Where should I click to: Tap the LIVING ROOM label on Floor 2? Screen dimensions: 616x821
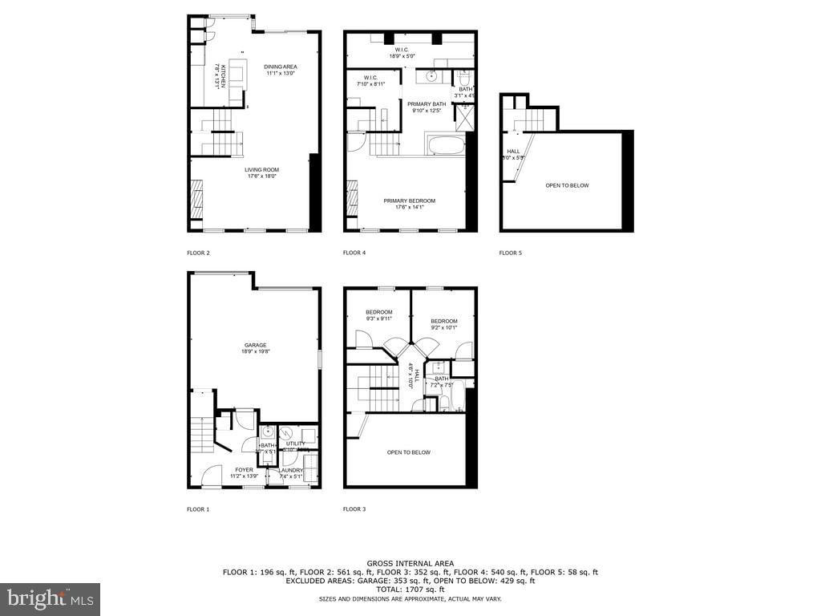click(x=261, y=170)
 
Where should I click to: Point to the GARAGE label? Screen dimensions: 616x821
click(x=256, y=346)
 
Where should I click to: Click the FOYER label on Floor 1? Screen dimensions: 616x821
click(x=244, y=470)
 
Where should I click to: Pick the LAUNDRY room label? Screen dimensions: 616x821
click(x=290, y=470)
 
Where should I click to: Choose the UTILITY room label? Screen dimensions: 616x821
click(x=295, y=444)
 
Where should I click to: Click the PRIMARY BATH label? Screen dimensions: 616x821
click(x=427, y=104)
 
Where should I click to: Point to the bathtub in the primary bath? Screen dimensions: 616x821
click(x=446, y=146)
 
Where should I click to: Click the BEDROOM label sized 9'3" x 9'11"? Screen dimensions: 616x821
click(x=379, y=312)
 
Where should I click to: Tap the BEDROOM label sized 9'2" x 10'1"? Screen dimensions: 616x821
click(x=444, y=322)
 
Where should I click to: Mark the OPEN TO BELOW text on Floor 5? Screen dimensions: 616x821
click(x=567, y=185)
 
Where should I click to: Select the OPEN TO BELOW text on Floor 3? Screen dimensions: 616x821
click(x=408, y=452)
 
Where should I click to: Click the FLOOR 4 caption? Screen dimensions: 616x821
click(x=354, y=253)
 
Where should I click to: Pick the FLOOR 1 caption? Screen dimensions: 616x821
click(x=198, y=509)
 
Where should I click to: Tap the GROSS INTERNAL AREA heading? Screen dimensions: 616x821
click(x=410, y=564)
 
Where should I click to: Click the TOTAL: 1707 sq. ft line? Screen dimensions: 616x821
click(x=410, y=589)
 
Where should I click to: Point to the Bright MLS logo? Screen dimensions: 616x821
click(x=50, y=598)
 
